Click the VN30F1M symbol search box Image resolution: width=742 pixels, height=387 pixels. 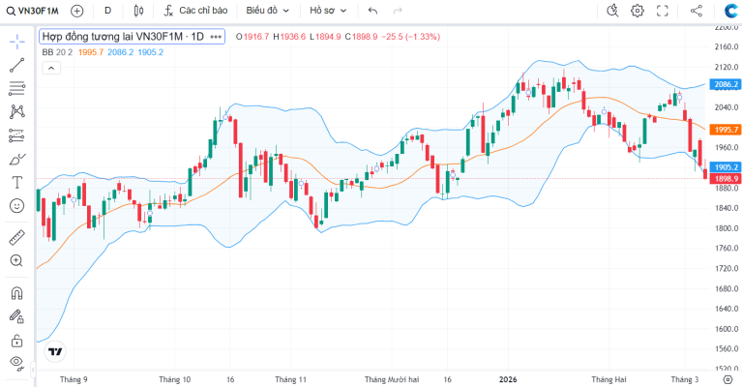coord(32,11)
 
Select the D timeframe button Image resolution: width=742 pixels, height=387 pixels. coord(108,11)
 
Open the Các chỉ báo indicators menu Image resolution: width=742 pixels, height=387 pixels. coord(195,11)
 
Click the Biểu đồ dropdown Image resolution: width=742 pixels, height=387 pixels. coord(267,11)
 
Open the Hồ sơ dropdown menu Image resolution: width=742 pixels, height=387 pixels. coord(328,11)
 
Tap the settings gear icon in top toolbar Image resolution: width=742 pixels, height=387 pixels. coord(638,11)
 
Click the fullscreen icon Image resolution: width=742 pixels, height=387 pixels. coord(662,11)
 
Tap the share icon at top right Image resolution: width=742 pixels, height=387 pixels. coord(697,11)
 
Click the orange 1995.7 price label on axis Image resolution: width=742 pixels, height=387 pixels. coord(726,129)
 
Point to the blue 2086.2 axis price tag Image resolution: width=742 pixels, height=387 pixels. coord(726,84)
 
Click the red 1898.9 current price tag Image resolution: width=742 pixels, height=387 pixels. coord(726,178)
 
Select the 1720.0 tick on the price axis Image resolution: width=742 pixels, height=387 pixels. coord(727,268)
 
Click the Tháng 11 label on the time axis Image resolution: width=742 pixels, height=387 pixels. coord(290,379)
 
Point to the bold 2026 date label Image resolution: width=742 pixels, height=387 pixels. coord(508,379)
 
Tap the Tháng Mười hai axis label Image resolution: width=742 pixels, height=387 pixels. coord(392,379)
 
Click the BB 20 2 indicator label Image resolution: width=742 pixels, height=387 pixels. coord(57,52)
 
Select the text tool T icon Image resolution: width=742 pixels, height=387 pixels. coord(17,182)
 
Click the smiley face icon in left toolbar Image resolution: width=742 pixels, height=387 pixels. coord(17,206)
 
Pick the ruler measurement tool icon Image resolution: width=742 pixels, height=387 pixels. coord(17,237)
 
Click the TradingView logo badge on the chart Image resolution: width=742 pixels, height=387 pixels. coord(55,351)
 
